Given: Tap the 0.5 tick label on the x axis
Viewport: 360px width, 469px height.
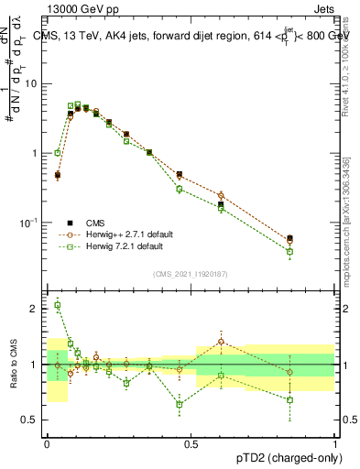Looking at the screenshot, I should pyautogui.click(x=191, y=443).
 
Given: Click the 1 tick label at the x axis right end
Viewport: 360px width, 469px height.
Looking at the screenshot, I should pyautogui.click(x=335, y=443).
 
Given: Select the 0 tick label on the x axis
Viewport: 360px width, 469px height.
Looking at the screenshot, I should pyautogui.click(x=47, y=443).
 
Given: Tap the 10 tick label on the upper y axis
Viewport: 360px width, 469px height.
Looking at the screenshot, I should pyautogui.click(x=30, y=83).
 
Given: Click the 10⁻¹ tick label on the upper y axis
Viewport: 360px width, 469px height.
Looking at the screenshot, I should pyautogui.click(x=28, y=223).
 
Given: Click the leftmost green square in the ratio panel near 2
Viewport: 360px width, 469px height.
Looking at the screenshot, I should pyautogui.click(x=57, y=305).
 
